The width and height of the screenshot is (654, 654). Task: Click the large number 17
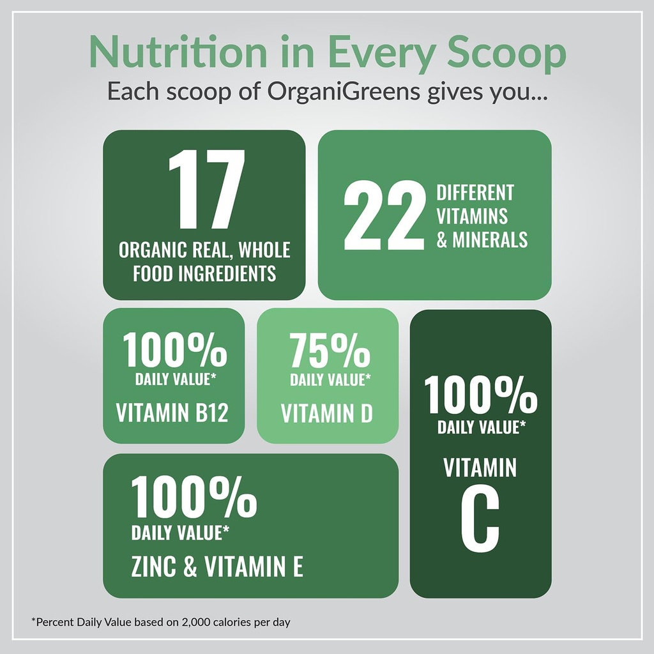[x=206, y=190]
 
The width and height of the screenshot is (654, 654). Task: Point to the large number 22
[x=384, y=216]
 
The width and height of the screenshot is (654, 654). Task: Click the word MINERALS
[x=490, y=240]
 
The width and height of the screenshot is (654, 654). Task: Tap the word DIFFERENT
[x=475, y=192]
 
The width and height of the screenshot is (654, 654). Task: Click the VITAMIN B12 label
[x=172, y=413]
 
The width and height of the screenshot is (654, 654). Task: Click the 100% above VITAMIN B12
[x=175, y=351]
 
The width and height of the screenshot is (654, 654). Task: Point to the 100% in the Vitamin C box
[x=481, y=395]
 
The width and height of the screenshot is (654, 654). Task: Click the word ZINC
[x=153, y=567]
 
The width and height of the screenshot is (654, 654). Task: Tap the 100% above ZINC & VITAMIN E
[x=194, y=498]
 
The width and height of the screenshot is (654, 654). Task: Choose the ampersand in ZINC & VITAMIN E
[x=190, y=567]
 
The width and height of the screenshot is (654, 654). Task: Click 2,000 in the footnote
[x=196, y=621]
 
